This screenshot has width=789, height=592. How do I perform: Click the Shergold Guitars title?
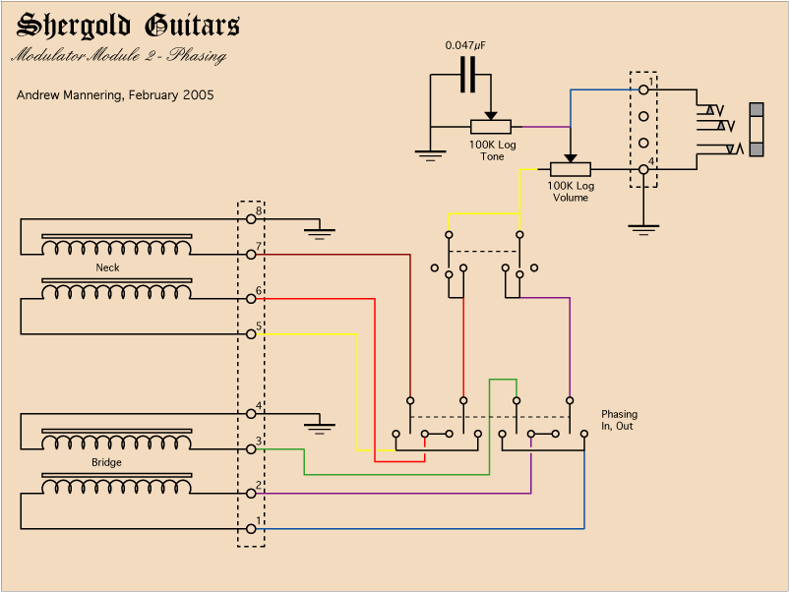(x=128, y=27)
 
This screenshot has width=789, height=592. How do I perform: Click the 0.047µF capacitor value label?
(x=465, y=45)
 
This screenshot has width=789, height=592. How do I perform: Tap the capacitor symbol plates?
(x=467, y=75)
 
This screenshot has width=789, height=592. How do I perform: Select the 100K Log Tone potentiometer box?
(x=490, y=127)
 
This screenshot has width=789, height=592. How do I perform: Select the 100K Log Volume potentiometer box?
(x=571, y=169)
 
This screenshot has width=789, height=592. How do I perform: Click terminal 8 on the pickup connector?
(x=251, y=218)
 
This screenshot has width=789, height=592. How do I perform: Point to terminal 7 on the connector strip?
(x=251, y=254)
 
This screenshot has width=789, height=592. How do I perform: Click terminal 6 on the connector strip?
(x=251, y=298)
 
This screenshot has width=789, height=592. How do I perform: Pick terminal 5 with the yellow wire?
(x=251, y=333)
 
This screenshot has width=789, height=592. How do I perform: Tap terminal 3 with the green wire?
(x=251, y=448)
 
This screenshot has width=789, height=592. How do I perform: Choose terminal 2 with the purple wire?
(x=251, y=493)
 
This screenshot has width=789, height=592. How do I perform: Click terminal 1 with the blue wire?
(x=251, y=528)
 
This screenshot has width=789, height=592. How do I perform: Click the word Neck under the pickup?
(x=107, y=267)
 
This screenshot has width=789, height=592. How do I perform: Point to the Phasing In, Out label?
(x=619, y=420)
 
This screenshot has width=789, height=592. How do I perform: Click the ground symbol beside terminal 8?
(x=319, y=233)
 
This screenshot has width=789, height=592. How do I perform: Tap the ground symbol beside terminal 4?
(x=319, y=428)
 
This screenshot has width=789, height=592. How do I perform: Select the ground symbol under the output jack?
(x=642, y=229)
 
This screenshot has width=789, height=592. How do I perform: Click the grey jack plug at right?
(x=757, y=129)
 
